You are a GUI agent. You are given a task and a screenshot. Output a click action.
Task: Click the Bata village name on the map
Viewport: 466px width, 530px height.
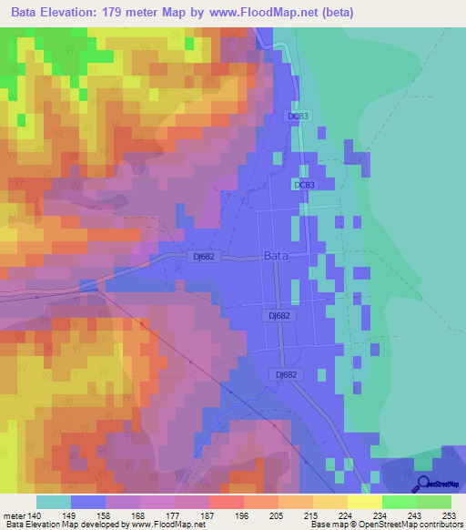tap(276, 257)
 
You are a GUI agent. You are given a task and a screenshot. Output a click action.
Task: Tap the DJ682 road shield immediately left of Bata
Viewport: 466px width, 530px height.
tap(205, 257)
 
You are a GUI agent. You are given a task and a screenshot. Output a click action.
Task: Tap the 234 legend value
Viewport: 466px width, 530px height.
tap(382, 515)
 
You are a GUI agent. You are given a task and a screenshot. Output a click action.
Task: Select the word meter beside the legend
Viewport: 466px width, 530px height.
tap(15, 515)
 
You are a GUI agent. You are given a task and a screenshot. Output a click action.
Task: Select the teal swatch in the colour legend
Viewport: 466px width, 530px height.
tap(54, 502)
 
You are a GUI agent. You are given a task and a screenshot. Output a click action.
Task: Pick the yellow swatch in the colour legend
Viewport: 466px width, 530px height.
tap(365, 502)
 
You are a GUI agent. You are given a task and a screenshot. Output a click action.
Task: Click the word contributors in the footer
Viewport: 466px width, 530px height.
tap(437, 525)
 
